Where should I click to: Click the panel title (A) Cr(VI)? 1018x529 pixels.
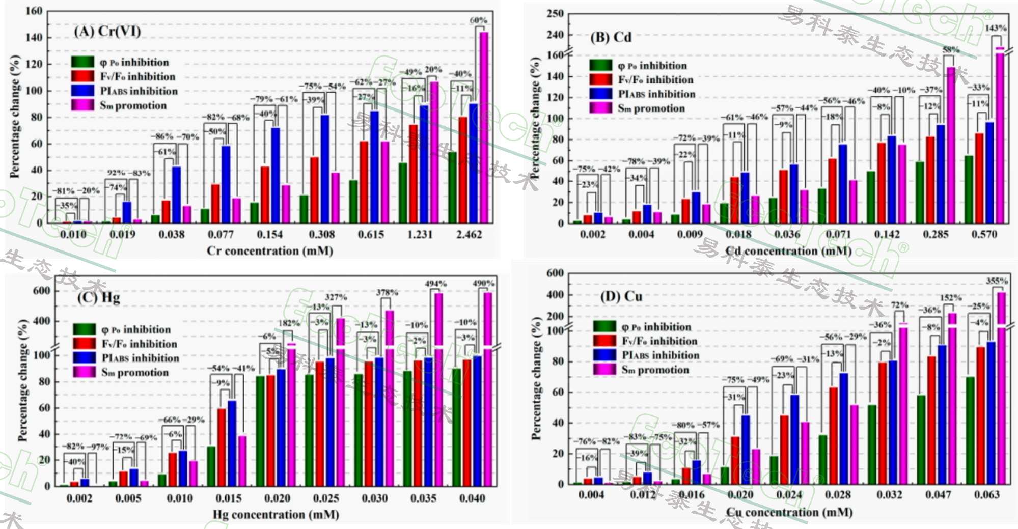(107, 32)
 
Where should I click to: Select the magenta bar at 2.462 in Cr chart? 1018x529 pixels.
(483, 127)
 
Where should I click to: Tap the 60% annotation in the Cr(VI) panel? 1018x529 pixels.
(478, 20)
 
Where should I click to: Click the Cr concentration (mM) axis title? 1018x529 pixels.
(269, 251)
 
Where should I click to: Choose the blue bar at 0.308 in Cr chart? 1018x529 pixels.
(325, 168)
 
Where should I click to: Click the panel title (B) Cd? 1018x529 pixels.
(611, 37)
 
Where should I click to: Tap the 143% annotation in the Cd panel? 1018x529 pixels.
(996, 29)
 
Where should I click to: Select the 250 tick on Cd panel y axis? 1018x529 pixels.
(555, 14)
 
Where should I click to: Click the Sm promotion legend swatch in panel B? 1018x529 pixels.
(600, 108)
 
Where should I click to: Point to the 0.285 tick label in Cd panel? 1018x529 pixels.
(936, 235)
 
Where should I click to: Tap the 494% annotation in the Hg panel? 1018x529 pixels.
(435, 284)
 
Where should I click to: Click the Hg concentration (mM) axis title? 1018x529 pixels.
(276, 515)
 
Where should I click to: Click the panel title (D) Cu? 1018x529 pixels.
(621, 297)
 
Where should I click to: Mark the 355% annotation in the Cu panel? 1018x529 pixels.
(997, 281)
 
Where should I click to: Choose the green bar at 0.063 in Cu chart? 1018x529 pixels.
(970, 430)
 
